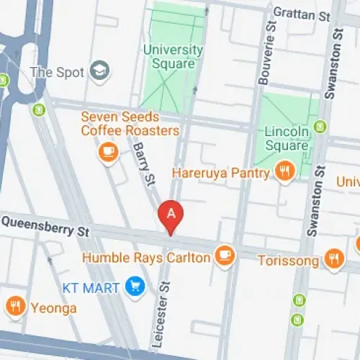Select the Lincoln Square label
pos(287,139)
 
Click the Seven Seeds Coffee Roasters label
pos(130,124)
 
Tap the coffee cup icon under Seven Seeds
pos(109,152)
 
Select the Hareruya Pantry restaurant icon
pos(284,172)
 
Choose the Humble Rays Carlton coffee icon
pos(225,256)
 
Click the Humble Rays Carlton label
pos(147,257)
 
